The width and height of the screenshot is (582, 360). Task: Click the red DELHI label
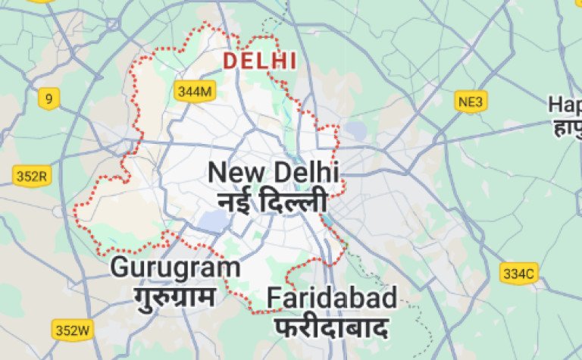tap(259, 61)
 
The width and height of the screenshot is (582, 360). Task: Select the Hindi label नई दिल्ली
tap(272, 202)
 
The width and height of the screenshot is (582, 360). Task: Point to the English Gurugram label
tap(175, 267)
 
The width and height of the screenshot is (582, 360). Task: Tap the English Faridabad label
tap(331, 299)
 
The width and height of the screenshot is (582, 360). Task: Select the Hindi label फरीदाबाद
tap(331, 328)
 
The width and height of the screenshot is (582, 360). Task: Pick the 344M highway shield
tap(195, 92)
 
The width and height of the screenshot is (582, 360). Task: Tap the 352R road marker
tap(32, 177)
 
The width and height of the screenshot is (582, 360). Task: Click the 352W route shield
tap(72, 330)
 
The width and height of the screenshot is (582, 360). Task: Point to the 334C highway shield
tap(518, 273)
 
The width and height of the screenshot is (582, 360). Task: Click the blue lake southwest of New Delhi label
tap(213, 221)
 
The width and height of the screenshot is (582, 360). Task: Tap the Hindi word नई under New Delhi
tap(233, 202)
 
